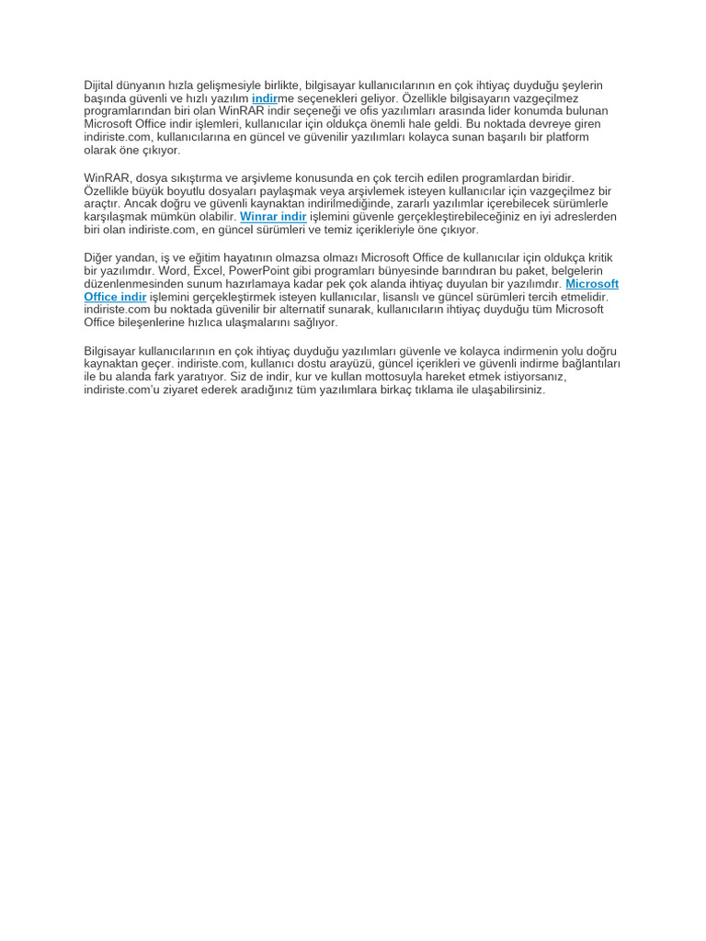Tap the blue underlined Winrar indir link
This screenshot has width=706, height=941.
(x=273, y=217)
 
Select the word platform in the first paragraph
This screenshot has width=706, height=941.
(x=564, y=137)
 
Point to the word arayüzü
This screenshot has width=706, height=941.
(x=327, y=364)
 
